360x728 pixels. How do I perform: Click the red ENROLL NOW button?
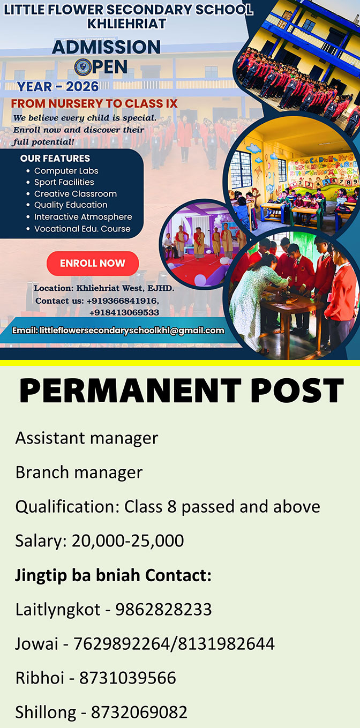(x=93, y=263)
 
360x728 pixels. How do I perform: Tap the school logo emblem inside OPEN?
(x=82, y=67)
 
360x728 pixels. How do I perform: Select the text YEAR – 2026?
(x=58, y=86)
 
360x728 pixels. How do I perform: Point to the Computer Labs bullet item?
(x=66, y=171)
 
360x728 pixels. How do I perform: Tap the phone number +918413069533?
(x=124, y=312)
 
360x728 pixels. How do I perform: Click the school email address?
(x=132, y=331)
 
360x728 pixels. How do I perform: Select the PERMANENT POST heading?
(x=181, y=391)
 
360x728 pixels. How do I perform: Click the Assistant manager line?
(x=86, y=438)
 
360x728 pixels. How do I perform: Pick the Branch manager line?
(x=79, y=472)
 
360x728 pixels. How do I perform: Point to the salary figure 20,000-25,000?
(x=127, y=541)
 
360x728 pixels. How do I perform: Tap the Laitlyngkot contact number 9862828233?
(x=164, y=609)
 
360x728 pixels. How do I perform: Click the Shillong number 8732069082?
(x=139, y=712)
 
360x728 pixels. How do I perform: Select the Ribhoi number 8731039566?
(x=127, y=678)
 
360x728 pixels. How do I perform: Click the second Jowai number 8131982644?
(x=227, y=643)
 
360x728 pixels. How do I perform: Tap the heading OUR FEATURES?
(x=55, y=158)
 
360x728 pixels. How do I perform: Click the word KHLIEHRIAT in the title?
(x=127, y=24)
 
